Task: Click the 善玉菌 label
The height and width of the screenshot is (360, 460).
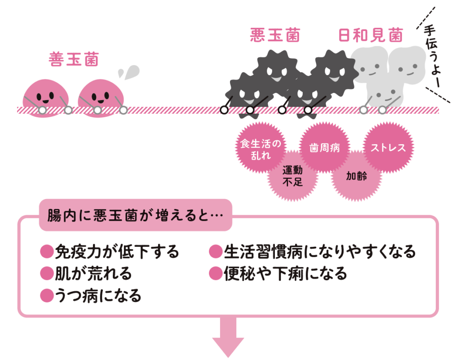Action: coord(74,60)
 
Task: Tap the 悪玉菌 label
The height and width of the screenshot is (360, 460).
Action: coord(275,36)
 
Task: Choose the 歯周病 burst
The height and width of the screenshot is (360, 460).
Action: coord(325,147)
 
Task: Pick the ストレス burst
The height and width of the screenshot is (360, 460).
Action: coord(388,147)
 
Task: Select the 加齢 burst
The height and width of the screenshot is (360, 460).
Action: coord(356,176)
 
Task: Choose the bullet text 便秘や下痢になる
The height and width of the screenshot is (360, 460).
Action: coord(286,273)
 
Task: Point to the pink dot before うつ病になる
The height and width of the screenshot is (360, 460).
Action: coord(47,295)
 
